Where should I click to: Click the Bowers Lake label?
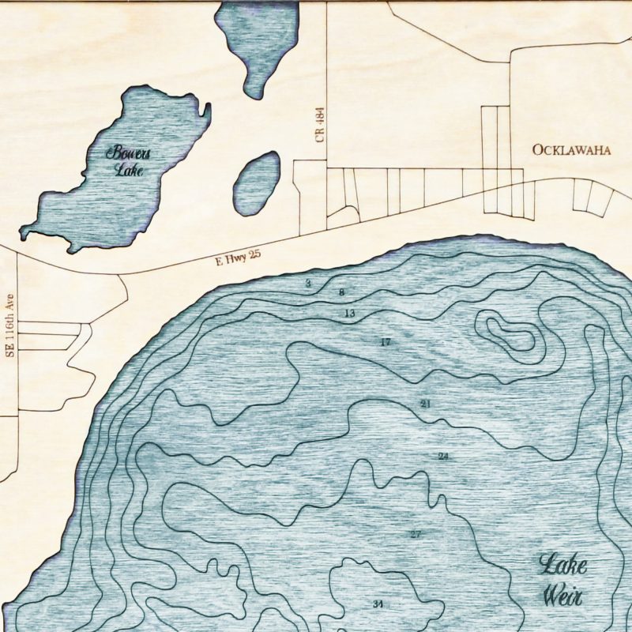pyautogui.click(x=128, y=160)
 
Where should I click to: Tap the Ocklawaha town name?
pyautogui.click(x=570, y=150)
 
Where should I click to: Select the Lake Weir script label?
pyautogui.click(x=563, y=581)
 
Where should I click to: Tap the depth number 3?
pyautogui.click(x=308, y=282)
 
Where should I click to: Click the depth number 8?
pyautogui.click(x=341, y=293)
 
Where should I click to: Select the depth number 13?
pyautogui.click(x=349, y=314)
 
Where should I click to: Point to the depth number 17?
pyautogui.click(x=386, y=342)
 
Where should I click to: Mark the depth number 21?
pyautogui.click(x=426, y=404)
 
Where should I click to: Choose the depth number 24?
pyautogui.click(x=443, y=457)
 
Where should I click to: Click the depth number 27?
pyautogui.click(x=416, y=535)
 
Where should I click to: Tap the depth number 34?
pyautogui.click(x=378, y=604)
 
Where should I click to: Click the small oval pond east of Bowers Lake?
pyautogui.click(x=257, y=183)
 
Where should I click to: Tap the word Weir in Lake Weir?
pyautogui.click(x=563, y=595)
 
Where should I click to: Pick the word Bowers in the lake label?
pyautogui.click(x=128, y=152)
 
